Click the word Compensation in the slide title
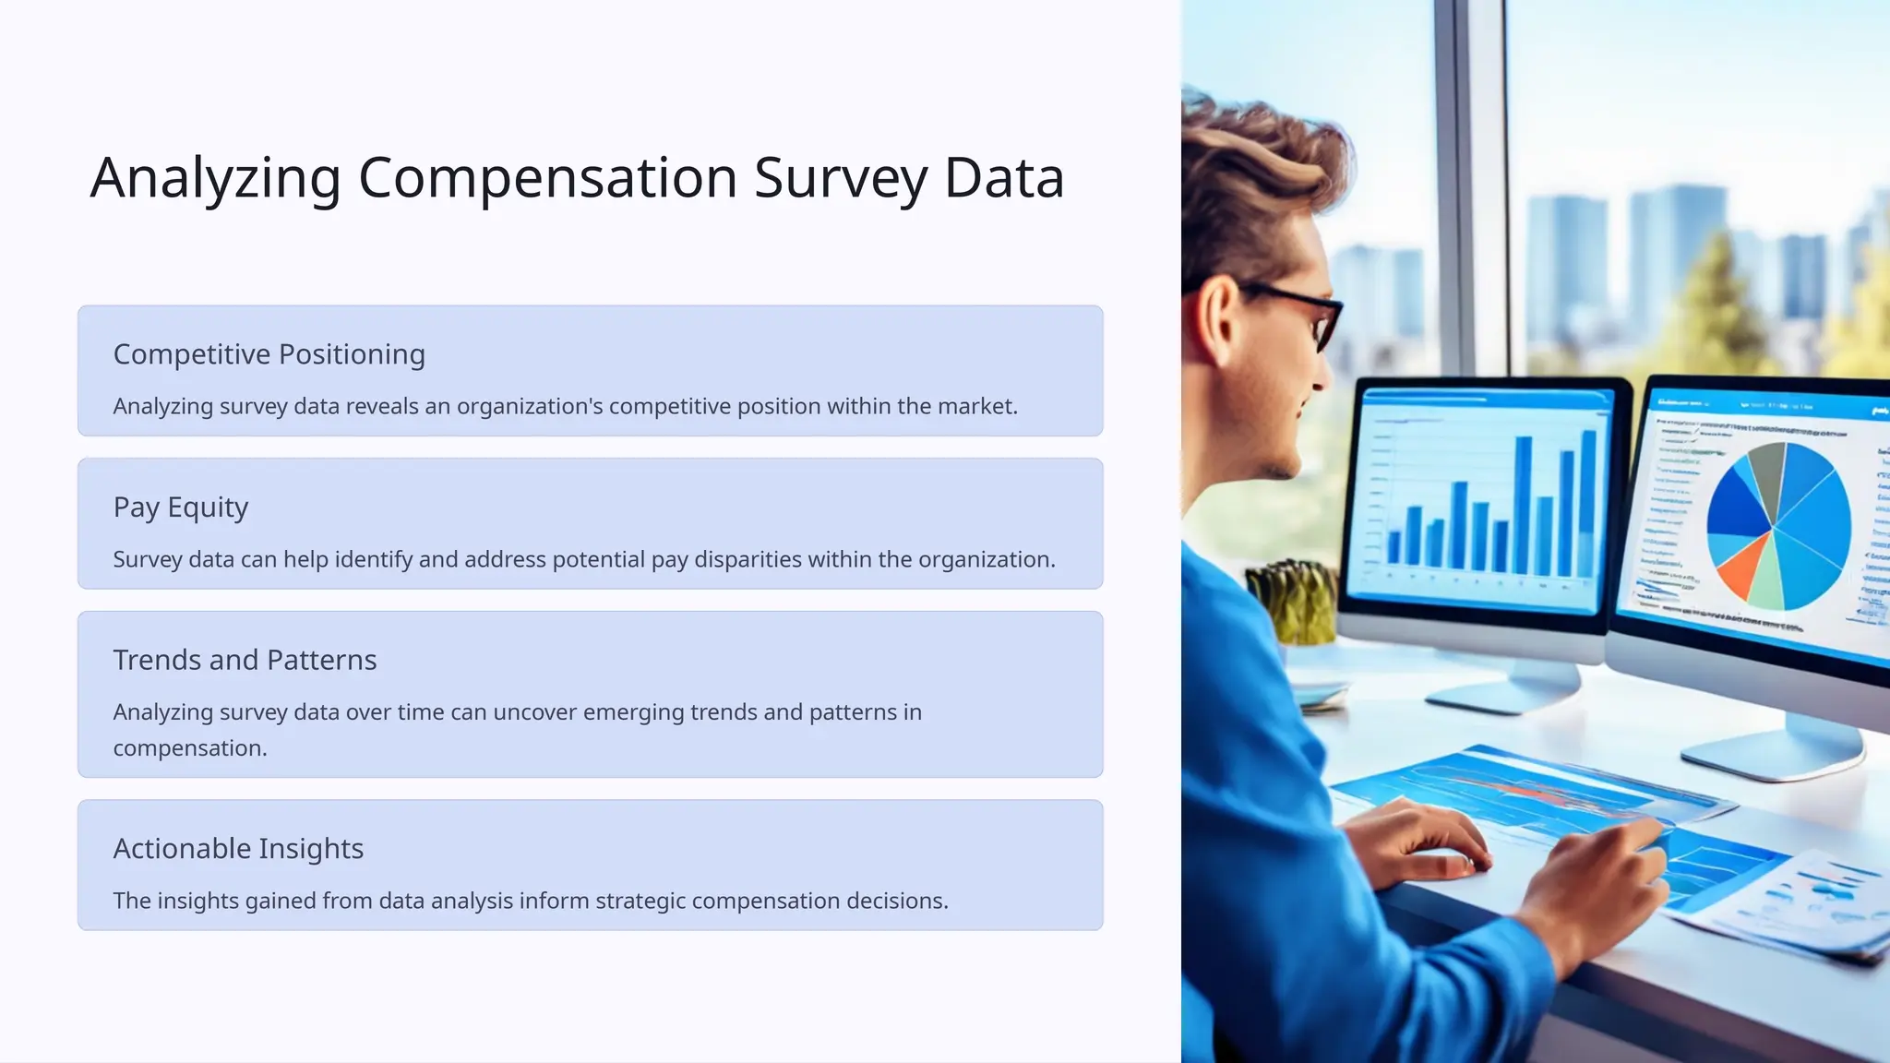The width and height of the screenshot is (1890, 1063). point(547,177)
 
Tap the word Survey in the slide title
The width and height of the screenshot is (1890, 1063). point(841,177)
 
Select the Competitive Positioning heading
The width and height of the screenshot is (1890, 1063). point(269,354)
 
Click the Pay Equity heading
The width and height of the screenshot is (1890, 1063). point(181,508)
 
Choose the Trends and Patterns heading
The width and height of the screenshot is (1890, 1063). point(245,660)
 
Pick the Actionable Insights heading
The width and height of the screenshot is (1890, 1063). point(238,848)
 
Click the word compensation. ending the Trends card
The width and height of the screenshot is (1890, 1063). point(189,748)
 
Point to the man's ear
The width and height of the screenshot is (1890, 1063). point(1216,318)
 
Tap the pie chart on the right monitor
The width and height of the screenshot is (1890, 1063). point(1777,526)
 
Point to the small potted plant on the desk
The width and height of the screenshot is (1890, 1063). point(1292,600)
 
